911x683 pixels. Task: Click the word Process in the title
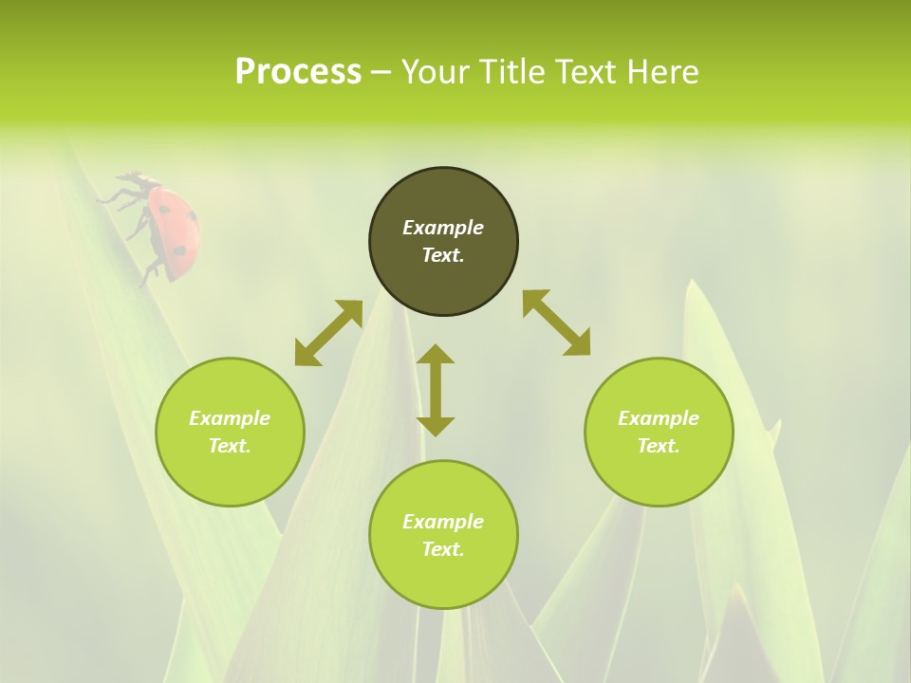[298, 72]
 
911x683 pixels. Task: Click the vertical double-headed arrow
[436, 390]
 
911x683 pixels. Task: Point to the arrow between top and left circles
[328, 333]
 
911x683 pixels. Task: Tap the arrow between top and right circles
[556, 323]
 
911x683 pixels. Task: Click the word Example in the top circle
[443, 228]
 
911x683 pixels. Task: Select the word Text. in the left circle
[230, 446]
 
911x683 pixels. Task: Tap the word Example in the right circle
[659, 418]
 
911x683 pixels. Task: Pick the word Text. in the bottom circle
[443, 549]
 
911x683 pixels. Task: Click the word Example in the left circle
[230, 418]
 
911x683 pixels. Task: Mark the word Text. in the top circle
[443, 255]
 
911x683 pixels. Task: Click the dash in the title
[381, 72]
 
